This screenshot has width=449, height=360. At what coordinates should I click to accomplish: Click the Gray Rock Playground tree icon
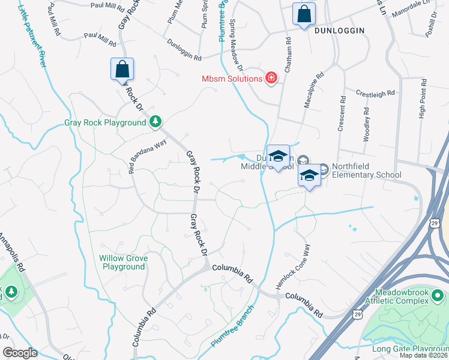click(155, 122)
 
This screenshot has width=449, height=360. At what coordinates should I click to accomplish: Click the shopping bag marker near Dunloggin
click(304, 13)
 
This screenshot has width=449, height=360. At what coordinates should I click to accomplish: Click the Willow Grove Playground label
click(122, 262)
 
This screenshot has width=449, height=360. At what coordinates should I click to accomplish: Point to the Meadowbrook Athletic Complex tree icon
click(438, 296)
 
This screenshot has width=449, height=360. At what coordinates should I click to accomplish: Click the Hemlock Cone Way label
click(294, 266)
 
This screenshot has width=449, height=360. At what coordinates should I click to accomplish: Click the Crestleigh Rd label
click(375, 93)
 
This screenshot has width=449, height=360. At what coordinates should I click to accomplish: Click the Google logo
click(20, 353)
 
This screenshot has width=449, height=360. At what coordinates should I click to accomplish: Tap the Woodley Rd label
click(366, 124)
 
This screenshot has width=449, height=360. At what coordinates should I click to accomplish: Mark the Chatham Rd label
click(288, 56)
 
